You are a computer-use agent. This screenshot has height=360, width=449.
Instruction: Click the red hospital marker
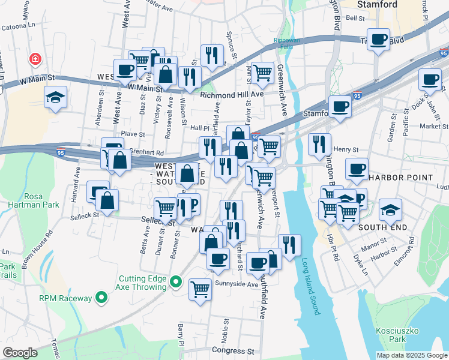[x=35, y=59]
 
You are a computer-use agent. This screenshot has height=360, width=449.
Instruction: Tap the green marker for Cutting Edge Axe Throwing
[x=175, y=281]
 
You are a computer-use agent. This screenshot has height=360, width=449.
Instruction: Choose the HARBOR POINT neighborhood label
[x=401, y=178]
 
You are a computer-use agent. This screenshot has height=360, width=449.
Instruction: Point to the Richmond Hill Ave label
[x=232, y=95]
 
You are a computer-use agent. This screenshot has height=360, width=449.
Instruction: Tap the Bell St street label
[x=355, y=19]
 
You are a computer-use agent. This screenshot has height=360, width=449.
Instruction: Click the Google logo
[x=20, y=353]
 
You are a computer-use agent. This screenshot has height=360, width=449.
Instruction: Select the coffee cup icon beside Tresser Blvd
[x=378, y=40]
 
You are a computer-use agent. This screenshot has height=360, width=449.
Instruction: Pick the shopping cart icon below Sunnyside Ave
[x=200, y=289]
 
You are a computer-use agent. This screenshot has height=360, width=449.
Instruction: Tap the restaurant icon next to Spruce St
[x=211, y=56]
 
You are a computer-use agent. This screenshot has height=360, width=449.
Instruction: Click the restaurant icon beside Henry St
[x=319, y=144]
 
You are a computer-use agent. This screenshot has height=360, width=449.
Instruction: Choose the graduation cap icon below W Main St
[x=55, y=98]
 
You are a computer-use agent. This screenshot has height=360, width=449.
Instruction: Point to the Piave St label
[x=133, y=134]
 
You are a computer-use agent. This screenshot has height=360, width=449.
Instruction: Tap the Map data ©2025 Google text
[x=411, y=355]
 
